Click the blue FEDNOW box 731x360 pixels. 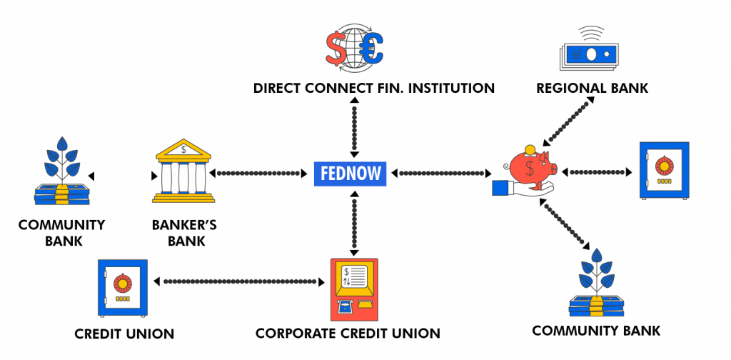pos(350,174)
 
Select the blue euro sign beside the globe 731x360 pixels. pos(373,49)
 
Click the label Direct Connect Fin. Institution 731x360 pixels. pos(374,88)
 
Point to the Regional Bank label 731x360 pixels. pos(592,88)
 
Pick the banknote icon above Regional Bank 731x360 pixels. pos(589,55)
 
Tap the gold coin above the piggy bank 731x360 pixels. pos(530,150)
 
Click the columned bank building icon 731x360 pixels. pos(183,171)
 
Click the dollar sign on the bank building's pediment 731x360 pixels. pos(183,150)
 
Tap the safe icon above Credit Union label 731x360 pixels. pos(123,288)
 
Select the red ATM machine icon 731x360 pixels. pos(354,289)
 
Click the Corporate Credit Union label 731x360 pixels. pos(348,334)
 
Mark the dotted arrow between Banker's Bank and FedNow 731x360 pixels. pos(258,174)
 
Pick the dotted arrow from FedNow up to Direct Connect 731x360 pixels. pos(354,127)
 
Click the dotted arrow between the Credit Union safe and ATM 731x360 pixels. pos(239,281)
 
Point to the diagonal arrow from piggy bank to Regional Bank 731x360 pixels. pos(569,121)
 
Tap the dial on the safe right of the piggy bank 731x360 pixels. pos(664,166)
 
